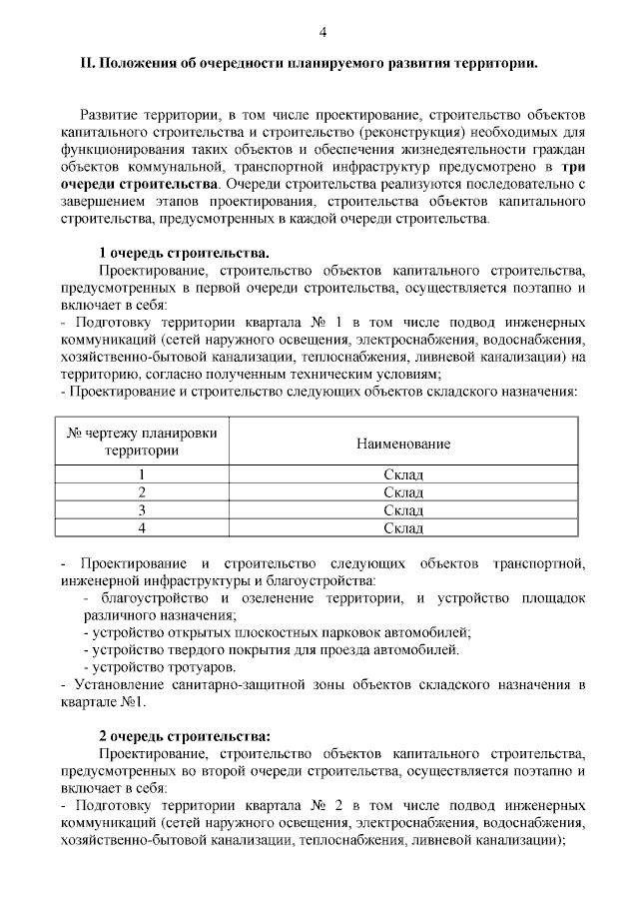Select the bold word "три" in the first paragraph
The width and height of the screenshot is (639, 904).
coord(573,169)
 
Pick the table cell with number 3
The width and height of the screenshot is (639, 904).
coord(142,510)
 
